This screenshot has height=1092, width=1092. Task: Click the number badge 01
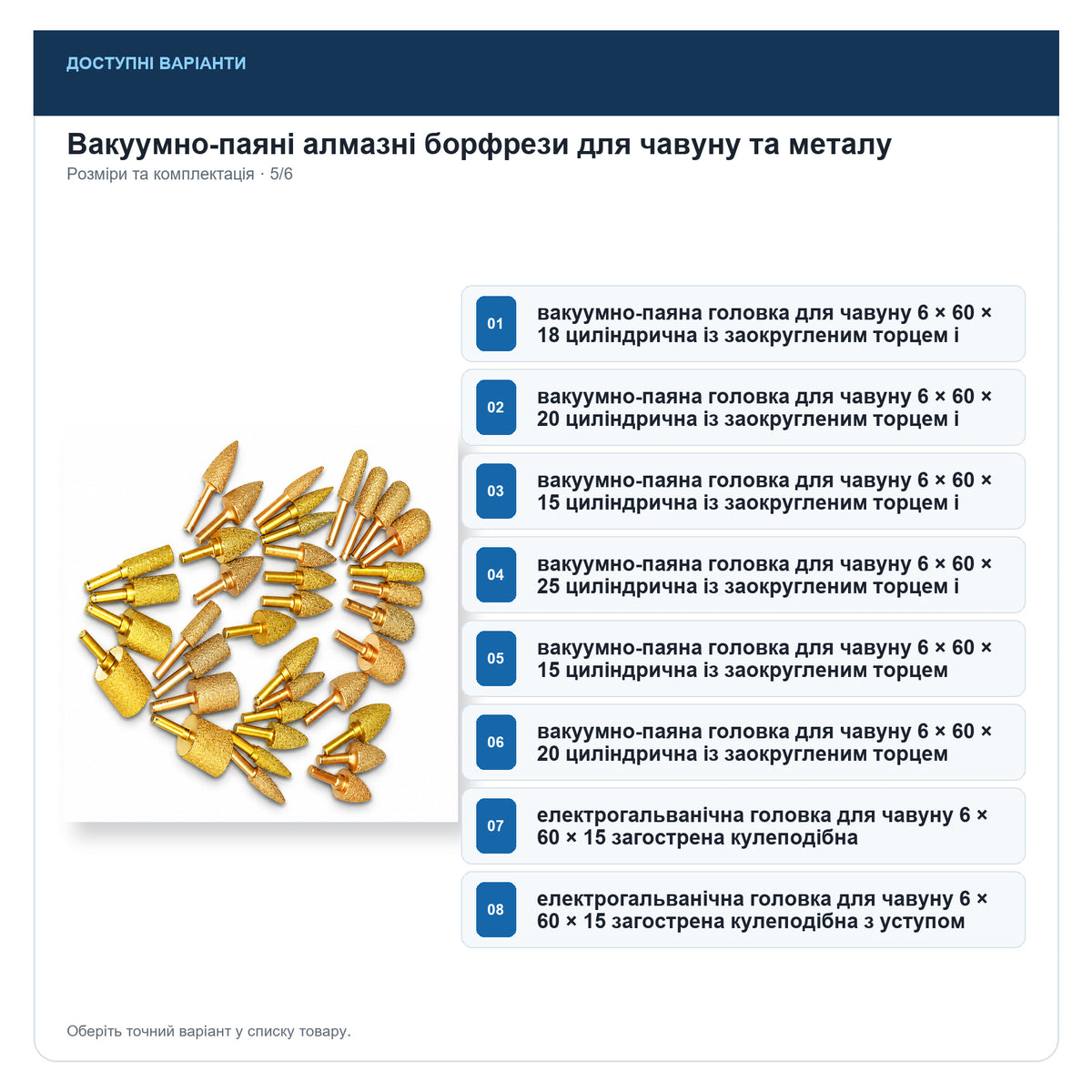(495, 323)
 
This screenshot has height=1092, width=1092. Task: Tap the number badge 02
(495, 407)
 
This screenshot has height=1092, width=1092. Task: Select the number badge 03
(495, 490)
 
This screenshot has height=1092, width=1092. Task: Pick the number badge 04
(495, 574)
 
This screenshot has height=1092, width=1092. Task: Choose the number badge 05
(495, 658)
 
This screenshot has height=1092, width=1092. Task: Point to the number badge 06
(495, 742)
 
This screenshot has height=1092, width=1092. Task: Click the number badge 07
(495, 825)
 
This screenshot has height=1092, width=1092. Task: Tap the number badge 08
(495, 909)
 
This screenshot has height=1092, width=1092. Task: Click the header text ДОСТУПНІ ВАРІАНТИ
(156, 63)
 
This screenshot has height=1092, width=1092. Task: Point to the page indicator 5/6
(281, 174)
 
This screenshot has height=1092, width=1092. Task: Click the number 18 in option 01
(548, 335)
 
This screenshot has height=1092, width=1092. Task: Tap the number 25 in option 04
(549, 586)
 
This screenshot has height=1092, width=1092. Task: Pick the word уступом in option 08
(922, 922)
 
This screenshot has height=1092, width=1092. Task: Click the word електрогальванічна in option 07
(641, 814)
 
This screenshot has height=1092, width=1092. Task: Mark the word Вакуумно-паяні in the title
(181, 145)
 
